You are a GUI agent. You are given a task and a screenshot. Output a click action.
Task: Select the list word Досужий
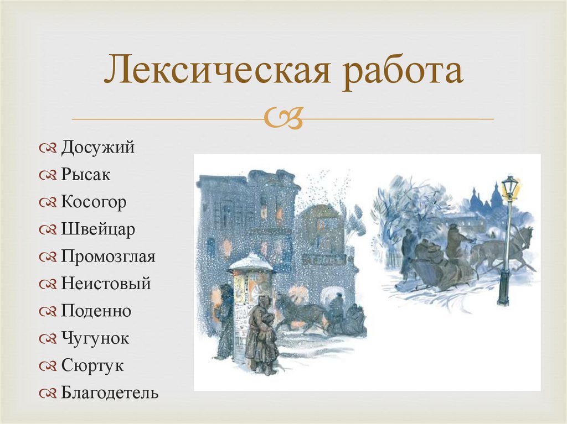(x=97, y=148)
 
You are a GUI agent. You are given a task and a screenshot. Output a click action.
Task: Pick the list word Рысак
(x=86, y=175)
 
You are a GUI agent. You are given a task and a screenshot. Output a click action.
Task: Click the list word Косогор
(x=94, y=202)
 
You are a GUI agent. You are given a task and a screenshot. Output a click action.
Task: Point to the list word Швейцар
(x=98, y=230)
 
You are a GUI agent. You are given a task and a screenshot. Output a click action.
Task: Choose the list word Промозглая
(x=108, y=257)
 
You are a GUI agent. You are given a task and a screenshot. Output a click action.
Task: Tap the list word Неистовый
(x=106, y=284)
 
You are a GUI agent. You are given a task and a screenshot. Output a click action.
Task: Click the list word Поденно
(x=96, y=311)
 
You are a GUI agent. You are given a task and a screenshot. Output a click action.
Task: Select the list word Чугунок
(x=95, y=338)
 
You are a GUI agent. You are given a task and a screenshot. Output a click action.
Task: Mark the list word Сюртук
(x=92, y=366)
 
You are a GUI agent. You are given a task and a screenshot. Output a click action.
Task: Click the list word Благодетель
(x=110, y=393)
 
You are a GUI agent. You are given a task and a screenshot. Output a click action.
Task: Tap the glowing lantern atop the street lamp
(x=509, y=188)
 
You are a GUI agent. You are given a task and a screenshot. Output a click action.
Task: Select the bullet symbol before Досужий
(x=47, y=149)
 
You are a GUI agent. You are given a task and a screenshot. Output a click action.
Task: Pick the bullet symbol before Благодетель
(x=47, y=394)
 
